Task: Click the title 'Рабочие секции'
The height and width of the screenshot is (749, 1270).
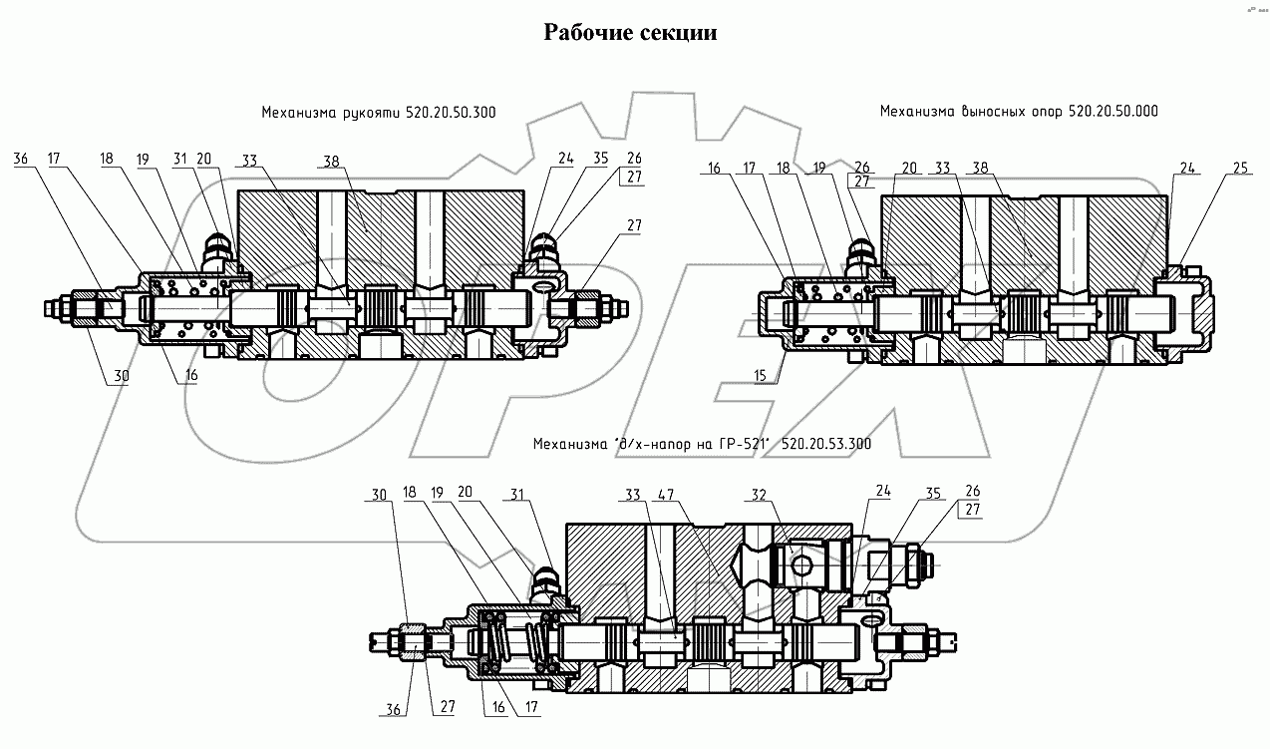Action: point(629,34)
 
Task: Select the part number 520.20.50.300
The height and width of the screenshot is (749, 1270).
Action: point(451,114)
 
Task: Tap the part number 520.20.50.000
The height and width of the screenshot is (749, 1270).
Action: point(1112,112)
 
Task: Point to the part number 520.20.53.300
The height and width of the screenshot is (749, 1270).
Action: point(825,444)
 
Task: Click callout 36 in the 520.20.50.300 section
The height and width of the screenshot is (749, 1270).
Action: point(22,159)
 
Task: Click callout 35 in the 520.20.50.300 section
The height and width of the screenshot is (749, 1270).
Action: point(602,159)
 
